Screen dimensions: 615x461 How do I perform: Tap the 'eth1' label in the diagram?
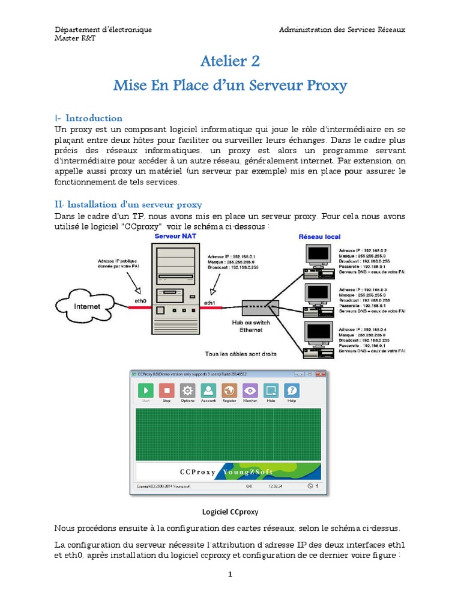pos(211,302)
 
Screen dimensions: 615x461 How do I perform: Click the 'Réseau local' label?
pos(320,237)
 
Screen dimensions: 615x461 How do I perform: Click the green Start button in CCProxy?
pos(146,390)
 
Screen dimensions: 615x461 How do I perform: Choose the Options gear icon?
pos(187,390)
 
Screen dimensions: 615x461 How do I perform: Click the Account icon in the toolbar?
pos(208,390)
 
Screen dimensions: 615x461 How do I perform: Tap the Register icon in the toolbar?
pos(229,390)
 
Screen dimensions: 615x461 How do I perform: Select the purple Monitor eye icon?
pos(250,390)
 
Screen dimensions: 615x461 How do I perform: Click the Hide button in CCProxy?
pos(271,390)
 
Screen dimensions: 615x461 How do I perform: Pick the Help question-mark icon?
pos(292,390)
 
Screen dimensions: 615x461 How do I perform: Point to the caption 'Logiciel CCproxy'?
pos(230,512)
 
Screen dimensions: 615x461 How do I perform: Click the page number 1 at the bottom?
pos(230,575)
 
